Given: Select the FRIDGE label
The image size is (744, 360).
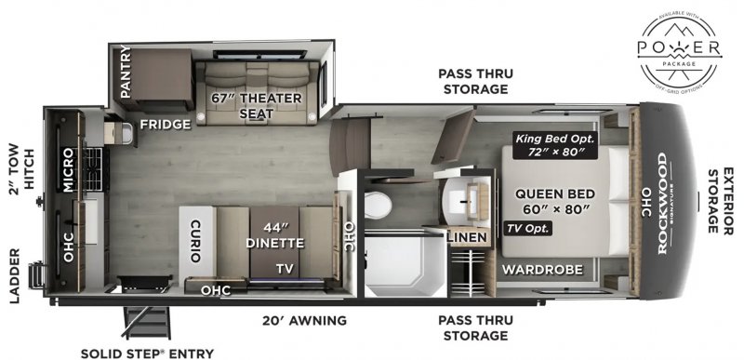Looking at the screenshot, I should (x=166, y=124).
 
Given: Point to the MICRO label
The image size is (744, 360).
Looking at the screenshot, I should (x=68, y=168).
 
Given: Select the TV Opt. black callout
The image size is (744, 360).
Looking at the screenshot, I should (x=528, y=228).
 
